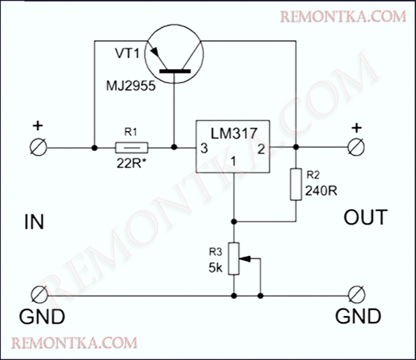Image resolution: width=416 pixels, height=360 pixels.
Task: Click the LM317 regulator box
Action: [x=233, y=147]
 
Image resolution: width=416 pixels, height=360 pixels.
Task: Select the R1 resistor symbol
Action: [x=132, y=147]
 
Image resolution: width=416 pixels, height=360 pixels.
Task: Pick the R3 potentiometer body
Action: [x=234, y=257]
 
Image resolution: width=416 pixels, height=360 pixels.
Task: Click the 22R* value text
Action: [x=132, y=163]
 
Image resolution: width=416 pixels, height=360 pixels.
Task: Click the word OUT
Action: [x=365, y=218]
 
